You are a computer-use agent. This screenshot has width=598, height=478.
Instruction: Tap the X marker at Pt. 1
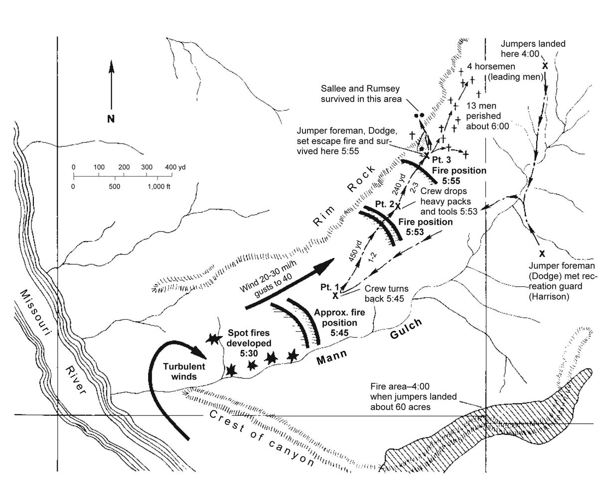335,295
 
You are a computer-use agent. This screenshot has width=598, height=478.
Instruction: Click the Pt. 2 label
384,204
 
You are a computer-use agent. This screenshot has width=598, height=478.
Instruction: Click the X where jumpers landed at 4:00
545,66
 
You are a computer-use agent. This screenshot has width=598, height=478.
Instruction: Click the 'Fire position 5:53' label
424,227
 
